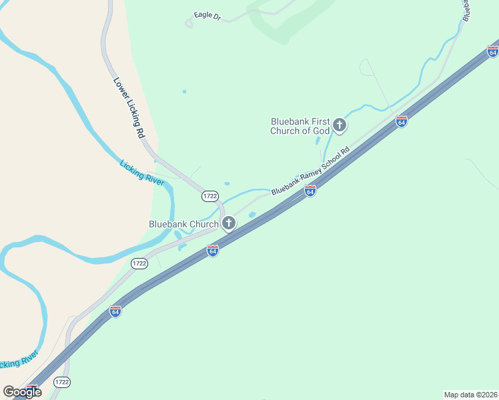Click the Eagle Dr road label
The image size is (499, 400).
[207, 15]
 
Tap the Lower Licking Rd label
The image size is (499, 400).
[129, 107]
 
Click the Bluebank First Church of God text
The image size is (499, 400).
[300, 126]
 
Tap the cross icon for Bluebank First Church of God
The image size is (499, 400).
[340, 125]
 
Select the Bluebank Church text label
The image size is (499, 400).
[183, 224]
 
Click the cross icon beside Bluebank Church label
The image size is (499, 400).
[229, 223]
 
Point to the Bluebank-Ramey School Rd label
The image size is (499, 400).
[310, 171]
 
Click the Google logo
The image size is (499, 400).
[22, 391]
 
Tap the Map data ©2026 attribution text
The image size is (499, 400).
[470, 394]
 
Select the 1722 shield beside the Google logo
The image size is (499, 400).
[61, 382]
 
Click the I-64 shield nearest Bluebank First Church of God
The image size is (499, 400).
[401, 121]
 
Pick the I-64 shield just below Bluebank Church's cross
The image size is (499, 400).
[212, 251]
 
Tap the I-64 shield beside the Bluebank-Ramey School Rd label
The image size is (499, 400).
[310, 191]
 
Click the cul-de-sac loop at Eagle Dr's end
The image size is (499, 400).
[189, 23]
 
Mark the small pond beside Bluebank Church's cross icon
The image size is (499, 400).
[252, 215]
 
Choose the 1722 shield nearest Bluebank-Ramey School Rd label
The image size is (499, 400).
[210, 195]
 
